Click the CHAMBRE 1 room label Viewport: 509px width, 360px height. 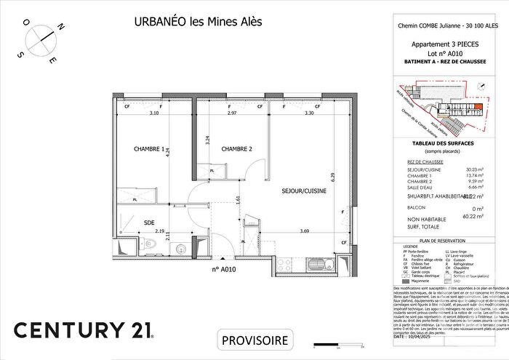coord(149,149)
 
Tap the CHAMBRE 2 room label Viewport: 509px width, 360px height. coord(236,149)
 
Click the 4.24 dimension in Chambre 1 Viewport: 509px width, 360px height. coord(167,153)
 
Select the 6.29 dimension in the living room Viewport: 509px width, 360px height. coord(331,176)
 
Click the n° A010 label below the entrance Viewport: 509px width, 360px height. coord(225,270)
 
